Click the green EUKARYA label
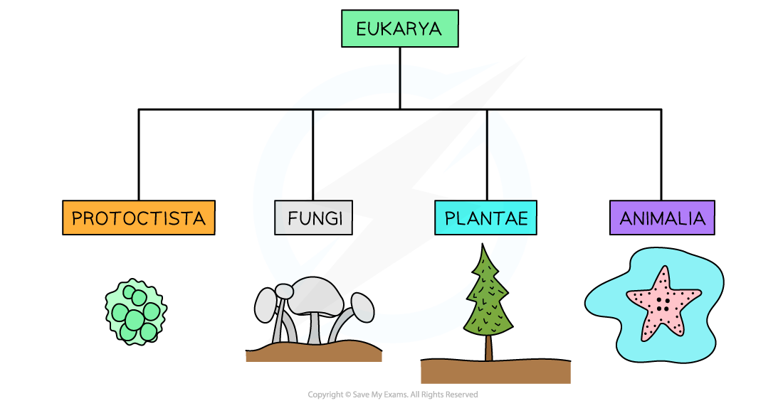click(x=399, y=29)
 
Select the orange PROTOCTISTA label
click(x=138, y=218)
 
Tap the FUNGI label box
click(x=313, y=218)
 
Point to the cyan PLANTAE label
click(x=485, y=218)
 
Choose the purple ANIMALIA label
click(x=662, y=218)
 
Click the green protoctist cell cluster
click(x=135, y=311)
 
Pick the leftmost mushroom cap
click(x=266, y=305)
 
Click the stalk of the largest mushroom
click(x=314, y=327)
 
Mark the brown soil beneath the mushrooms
click(x=313, y=352)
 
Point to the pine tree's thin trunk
click(x=488, y=348)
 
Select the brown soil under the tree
click(x=495, y=372)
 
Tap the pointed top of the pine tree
click(x=485, y=253)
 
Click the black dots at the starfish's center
click(x=662, y=304)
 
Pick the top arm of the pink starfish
click(x=663, y=278)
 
